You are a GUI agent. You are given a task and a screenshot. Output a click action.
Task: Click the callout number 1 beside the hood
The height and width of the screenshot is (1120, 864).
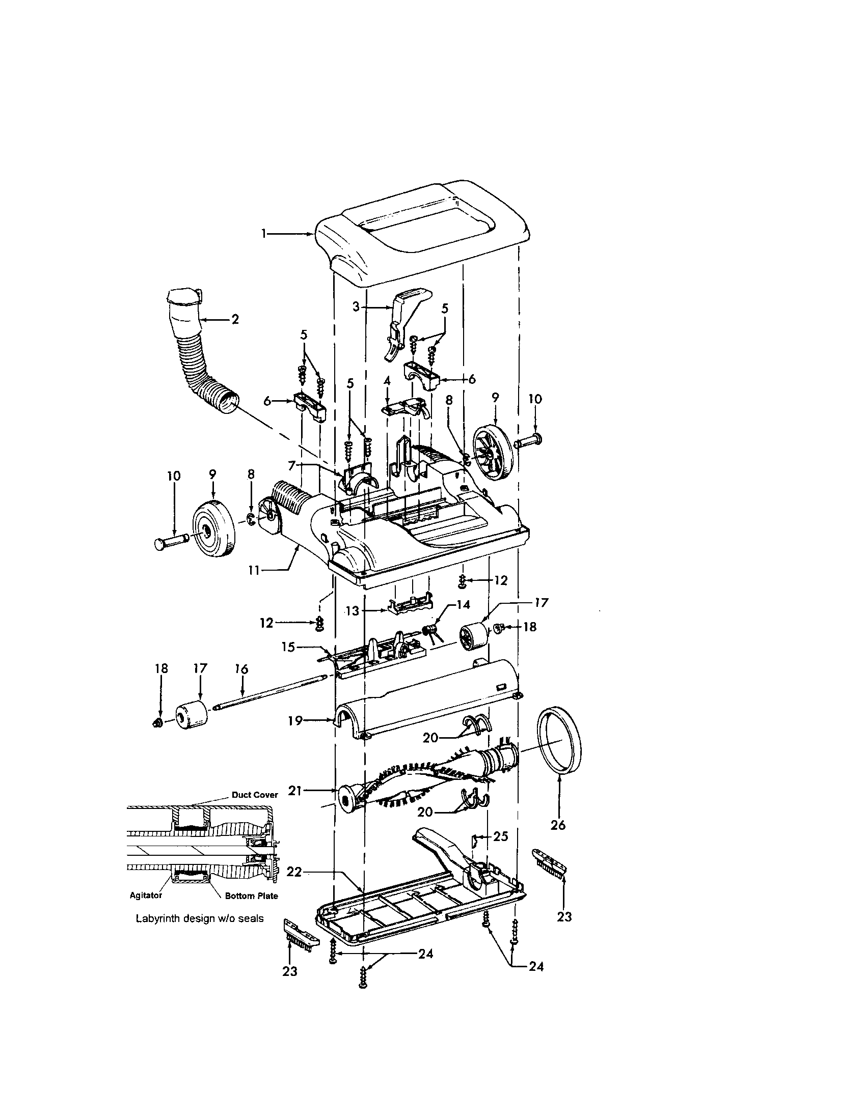pos(264,234)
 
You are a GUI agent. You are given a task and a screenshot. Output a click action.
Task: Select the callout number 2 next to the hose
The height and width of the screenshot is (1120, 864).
pos(235,319)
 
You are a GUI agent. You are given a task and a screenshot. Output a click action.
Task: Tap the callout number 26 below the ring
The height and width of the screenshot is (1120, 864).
pos(558,825)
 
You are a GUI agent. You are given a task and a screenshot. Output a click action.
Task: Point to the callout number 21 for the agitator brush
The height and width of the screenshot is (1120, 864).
pos(294,791)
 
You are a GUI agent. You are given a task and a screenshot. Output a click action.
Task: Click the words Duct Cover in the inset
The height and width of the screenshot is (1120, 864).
pos(255,795)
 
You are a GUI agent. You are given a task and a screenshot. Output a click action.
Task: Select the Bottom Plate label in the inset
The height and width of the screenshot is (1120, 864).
pos(251,896)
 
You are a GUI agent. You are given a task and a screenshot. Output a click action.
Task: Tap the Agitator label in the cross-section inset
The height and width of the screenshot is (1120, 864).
pos(146,895)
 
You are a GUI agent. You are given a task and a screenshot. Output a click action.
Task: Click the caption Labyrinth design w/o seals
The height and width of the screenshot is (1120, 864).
pos(200,918)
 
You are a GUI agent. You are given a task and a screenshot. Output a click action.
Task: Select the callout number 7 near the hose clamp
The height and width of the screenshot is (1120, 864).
pos(291,466)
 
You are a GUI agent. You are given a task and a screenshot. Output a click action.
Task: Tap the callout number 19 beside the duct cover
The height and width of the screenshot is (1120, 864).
pos(294,720)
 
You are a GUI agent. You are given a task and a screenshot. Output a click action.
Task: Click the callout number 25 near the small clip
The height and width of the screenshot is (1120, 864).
pos(500,836)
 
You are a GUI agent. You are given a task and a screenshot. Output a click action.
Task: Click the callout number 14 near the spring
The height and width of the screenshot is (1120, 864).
pos(463,605)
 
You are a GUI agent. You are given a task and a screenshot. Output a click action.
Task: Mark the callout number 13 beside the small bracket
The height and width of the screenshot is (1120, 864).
pos(353,611)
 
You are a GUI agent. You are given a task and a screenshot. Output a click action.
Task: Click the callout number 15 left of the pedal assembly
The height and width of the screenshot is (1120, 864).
pos(288,647)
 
